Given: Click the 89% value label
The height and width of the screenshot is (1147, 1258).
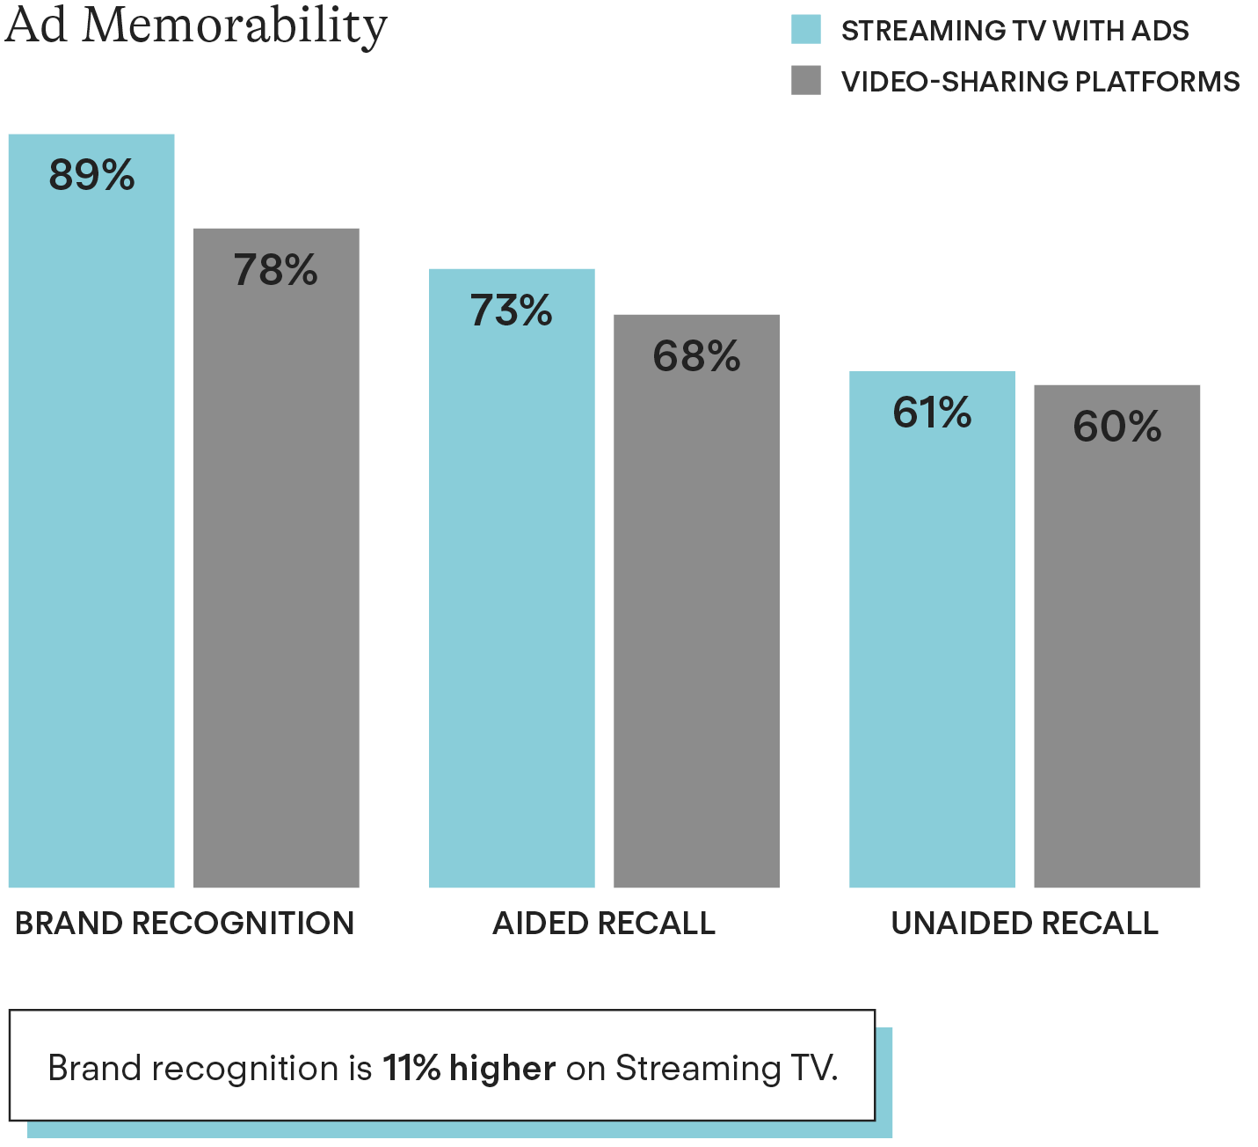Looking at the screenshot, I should [x=91, y=175].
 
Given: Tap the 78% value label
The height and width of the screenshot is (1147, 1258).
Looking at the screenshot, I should [x=275, y=270].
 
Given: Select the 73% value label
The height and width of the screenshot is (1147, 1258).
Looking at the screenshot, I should [x=511, y=310].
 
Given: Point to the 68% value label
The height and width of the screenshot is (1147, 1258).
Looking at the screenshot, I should [x=696, y=356].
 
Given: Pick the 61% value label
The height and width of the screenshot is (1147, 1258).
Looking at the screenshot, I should [x=932, y=413].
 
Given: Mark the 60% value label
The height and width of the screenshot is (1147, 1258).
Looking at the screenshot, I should [x=1116, y=427].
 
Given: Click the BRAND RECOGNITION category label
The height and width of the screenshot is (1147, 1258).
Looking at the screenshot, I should [x=185, y=924].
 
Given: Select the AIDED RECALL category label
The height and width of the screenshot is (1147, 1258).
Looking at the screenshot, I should [x=604, y=924].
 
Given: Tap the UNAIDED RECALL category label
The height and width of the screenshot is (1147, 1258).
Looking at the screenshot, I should [x=1025, y=924].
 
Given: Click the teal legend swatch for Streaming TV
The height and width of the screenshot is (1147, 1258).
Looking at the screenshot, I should [x=806, y=29].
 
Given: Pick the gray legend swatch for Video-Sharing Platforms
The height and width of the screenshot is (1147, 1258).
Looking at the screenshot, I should [x=806, y=80].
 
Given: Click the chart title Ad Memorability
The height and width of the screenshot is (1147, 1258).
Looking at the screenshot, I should [x=196, y=26].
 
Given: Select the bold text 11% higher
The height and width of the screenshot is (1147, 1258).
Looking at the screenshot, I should [x=469, y=1069].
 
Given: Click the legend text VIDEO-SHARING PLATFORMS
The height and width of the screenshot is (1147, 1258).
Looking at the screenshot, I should [x=1040, y=82].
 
